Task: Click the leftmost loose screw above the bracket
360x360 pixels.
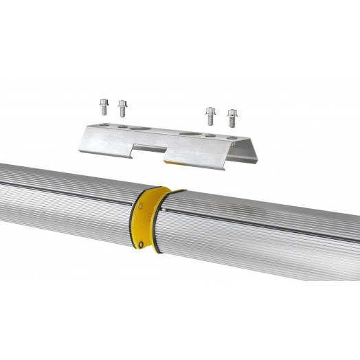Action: pyautogui.click(x=103, y=106)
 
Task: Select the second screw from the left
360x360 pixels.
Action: pyautogui.click(x=122, y=108)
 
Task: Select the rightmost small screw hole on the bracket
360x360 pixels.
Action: pyautogui.click(x=232, y=140)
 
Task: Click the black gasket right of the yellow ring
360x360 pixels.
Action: pyautogui.click(x=162, y=221)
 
